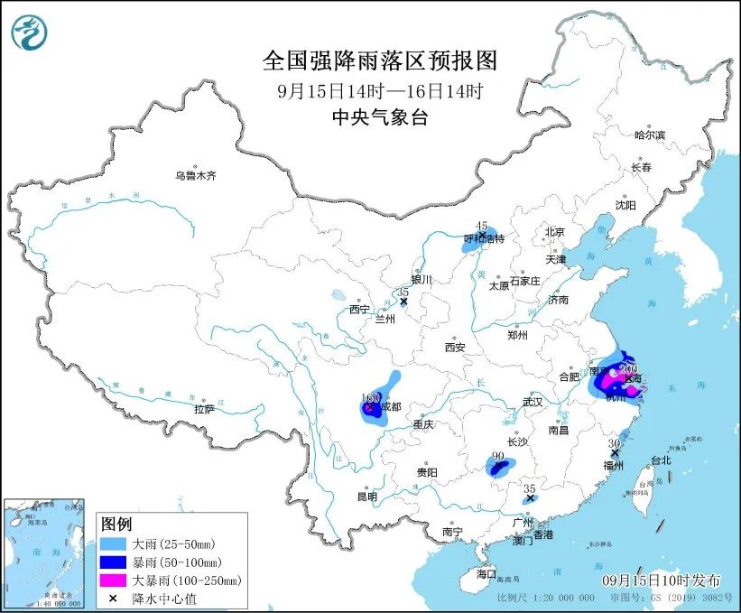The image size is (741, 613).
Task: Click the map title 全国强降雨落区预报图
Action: (379, 60)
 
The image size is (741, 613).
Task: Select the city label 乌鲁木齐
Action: (196, 175)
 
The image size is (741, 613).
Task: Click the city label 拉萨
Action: (205, 409)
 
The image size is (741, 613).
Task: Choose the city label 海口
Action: (486, 574)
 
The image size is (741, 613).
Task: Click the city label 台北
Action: (661, 460)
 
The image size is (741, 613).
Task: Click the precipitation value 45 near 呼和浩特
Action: (482, 226)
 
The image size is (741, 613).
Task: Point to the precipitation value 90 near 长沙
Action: (497, 456)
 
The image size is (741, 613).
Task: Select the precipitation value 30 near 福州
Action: (614, 443)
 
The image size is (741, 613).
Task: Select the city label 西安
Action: (454, 347)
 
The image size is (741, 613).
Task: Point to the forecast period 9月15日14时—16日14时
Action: (379, 90)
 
